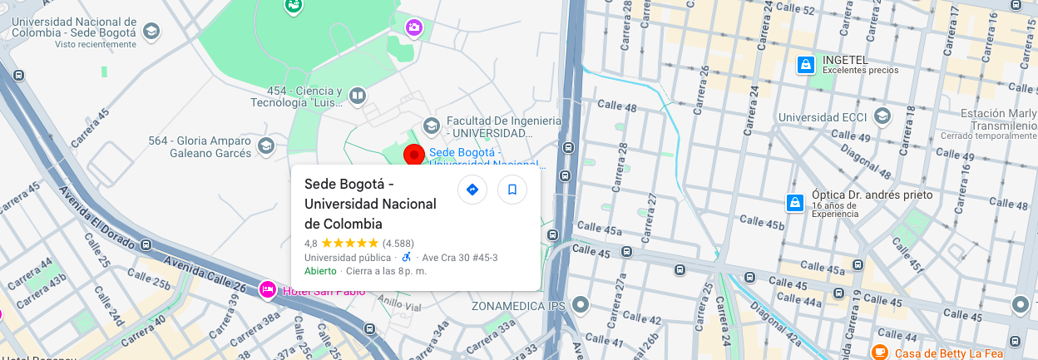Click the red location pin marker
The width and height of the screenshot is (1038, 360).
(x=414, y=155)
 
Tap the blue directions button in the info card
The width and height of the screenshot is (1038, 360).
(x=472, y=190)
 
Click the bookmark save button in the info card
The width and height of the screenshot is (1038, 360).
(x=512, y=190)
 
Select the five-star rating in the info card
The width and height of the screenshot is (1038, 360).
(x=349, y=244)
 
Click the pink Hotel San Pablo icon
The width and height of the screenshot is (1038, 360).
(x=267, y=289)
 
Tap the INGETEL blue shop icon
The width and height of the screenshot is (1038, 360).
(x=805, y=64)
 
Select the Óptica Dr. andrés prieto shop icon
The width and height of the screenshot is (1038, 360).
(x=795, y=202)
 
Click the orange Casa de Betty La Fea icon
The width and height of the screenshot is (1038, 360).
(x=879, y=353)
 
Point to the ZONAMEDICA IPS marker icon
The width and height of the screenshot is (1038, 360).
(x=581, y=305)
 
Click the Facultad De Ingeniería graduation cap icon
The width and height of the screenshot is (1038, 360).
(x=431, y=126)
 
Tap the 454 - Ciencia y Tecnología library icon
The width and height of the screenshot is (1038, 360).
(x=358, y=96)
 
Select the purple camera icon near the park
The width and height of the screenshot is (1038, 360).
(x=414, y=29)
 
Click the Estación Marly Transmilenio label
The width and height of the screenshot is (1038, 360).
(x=998, y=120)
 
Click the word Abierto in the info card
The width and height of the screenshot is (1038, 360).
(x=320, y=271)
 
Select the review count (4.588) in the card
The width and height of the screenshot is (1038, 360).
(x=398, y=244)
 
